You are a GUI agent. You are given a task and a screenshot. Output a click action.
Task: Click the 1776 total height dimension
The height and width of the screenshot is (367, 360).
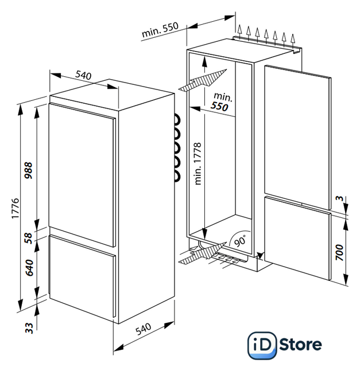[x=16, y=208]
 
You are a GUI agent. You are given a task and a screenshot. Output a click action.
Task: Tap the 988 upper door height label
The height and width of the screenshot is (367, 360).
[x=29, y=170]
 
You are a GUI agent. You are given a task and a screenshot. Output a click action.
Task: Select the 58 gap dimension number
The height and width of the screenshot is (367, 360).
[x=29, y=238]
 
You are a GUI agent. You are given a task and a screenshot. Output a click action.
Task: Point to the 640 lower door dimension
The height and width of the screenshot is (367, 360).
[x=29, y=268]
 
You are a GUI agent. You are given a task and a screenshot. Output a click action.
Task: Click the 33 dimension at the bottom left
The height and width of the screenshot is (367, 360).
[x=29, y=328]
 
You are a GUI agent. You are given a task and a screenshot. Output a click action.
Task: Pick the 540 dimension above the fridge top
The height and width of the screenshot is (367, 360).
[x=83, y=75]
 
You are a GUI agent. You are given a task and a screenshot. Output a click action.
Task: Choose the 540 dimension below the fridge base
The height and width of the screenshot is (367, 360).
[x=143, y=329]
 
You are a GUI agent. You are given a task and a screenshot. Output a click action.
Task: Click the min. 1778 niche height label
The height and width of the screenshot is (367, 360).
[x=198, y=163]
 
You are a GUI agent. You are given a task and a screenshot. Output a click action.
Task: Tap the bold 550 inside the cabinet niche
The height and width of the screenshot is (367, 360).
[x=219, y=106]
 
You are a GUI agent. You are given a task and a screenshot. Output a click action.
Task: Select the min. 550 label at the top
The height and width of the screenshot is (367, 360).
[x=160, y=30]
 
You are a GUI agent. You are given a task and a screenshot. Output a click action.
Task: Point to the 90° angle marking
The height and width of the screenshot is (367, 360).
[x=240, y=241]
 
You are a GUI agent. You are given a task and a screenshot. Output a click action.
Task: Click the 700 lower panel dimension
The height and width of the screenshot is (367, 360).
[x=339, y=252]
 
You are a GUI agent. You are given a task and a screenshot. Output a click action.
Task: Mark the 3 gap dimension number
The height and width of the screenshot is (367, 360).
[x=339, y=199]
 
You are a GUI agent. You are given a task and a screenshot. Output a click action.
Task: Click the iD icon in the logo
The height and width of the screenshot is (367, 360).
[x=262, y=345]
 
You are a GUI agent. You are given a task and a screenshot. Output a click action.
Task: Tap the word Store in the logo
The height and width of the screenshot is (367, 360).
[x=300, y=345]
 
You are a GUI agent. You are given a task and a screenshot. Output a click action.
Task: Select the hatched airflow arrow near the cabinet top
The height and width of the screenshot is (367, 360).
[x=203, y=80]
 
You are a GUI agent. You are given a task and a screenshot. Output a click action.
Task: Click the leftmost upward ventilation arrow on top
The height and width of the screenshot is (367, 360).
[x=239, y=32]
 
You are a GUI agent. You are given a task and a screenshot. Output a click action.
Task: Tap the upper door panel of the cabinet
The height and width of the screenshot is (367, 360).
[x=297, y=138]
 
